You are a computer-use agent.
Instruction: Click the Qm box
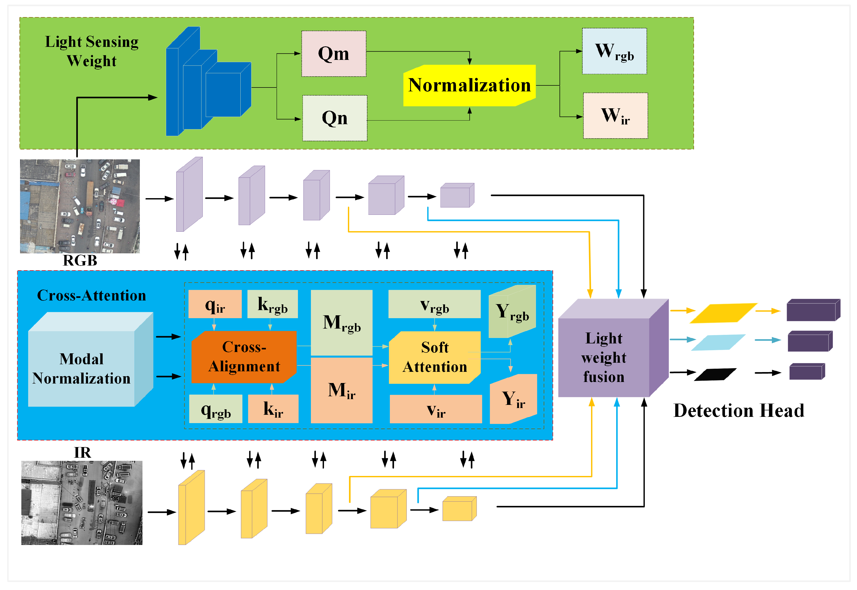coord(334,54)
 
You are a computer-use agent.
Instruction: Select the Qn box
coord(335,118)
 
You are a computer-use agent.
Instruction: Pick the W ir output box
coord(615,116)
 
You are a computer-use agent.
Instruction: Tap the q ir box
coord(215,304)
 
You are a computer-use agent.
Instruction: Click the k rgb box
coord(272,304)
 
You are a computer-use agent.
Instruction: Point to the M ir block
coord(341,390)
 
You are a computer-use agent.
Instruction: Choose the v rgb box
coord(434,304)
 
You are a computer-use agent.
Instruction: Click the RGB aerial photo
coord(80,206)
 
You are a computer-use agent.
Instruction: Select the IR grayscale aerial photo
coord(82,503)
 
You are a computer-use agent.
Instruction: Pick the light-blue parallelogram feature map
coord(718,342)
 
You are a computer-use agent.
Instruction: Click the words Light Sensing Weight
coord(92,51)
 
